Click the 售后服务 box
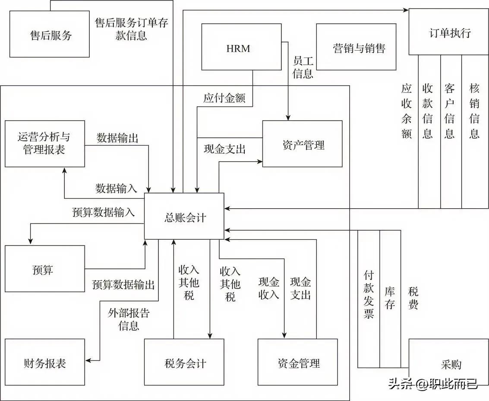pyautogui.click(x=49, y=35)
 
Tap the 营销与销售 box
pyautogui.click(x=356, y=47)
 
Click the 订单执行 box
pyautogui.click(x=449, y=32)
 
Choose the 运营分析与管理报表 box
pyautogui.click(x=44, y=143)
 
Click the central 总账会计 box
pyautogui.click(x=184, y=216)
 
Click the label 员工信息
pyautogui.click(x=303, y=67)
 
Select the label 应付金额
pyautogui.click(x=224, y=99)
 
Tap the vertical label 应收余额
pyautogui.click(x=407, y=111)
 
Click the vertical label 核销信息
pyautogui.click(x=474, y=111)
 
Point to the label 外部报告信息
pyautogui.click(x=129, y=319)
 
